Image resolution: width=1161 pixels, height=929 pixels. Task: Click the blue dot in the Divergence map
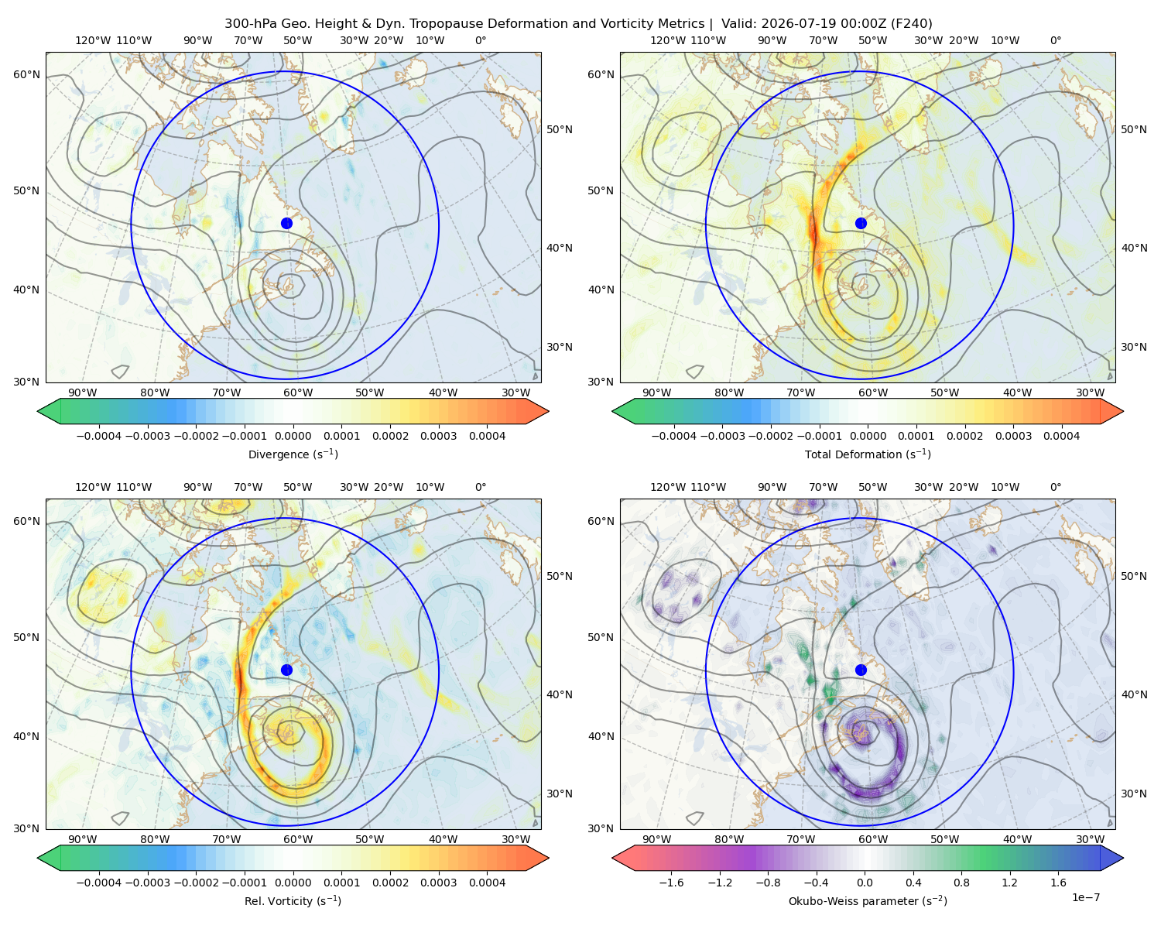(286, 223)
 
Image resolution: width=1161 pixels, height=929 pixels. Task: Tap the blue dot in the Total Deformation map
(861, 223)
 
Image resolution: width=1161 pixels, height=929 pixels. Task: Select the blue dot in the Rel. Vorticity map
(286, 670)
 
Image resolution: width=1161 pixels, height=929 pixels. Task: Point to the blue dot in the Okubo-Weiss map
(861, 670)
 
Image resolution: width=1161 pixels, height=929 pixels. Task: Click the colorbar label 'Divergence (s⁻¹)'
(293, 454)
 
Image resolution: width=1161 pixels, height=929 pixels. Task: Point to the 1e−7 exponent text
(1085, 897)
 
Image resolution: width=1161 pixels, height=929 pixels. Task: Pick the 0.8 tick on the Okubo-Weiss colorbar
(961, 882)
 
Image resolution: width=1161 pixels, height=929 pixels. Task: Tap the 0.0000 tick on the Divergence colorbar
(293, 436)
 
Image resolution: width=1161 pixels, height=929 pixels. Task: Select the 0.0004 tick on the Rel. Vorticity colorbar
(487, 882)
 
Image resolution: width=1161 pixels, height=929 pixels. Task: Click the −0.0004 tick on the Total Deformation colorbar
(674, 436)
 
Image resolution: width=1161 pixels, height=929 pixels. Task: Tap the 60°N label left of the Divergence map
(26, 74)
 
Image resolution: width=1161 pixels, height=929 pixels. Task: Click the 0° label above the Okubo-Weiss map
(1055, 487)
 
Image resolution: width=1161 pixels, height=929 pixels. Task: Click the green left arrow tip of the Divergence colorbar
(38, 411)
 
